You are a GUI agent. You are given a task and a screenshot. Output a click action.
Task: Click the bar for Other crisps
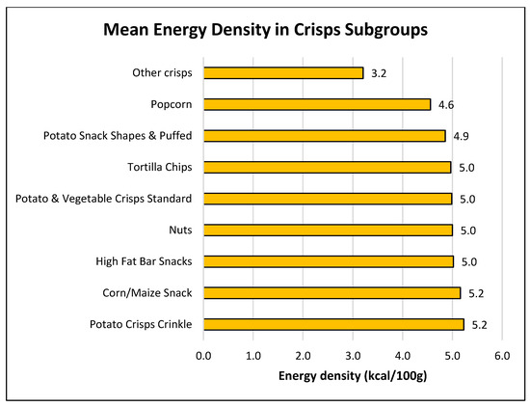click(283, 72)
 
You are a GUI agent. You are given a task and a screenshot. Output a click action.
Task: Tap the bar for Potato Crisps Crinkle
click(333, 324)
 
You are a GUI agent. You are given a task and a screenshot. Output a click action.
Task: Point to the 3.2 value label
click(379, 72)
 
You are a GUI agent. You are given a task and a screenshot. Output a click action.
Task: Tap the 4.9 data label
click(464, 136)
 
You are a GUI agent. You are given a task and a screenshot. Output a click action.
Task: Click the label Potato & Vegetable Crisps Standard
click(104, 199)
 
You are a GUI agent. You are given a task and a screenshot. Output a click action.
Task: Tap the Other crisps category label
click(161, 72)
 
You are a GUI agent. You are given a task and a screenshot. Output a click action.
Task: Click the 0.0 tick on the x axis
click(203, 356)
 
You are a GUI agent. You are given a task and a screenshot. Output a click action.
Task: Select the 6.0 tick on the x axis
click(501, 356)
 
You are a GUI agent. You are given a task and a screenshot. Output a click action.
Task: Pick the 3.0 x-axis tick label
click(352, 356)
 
